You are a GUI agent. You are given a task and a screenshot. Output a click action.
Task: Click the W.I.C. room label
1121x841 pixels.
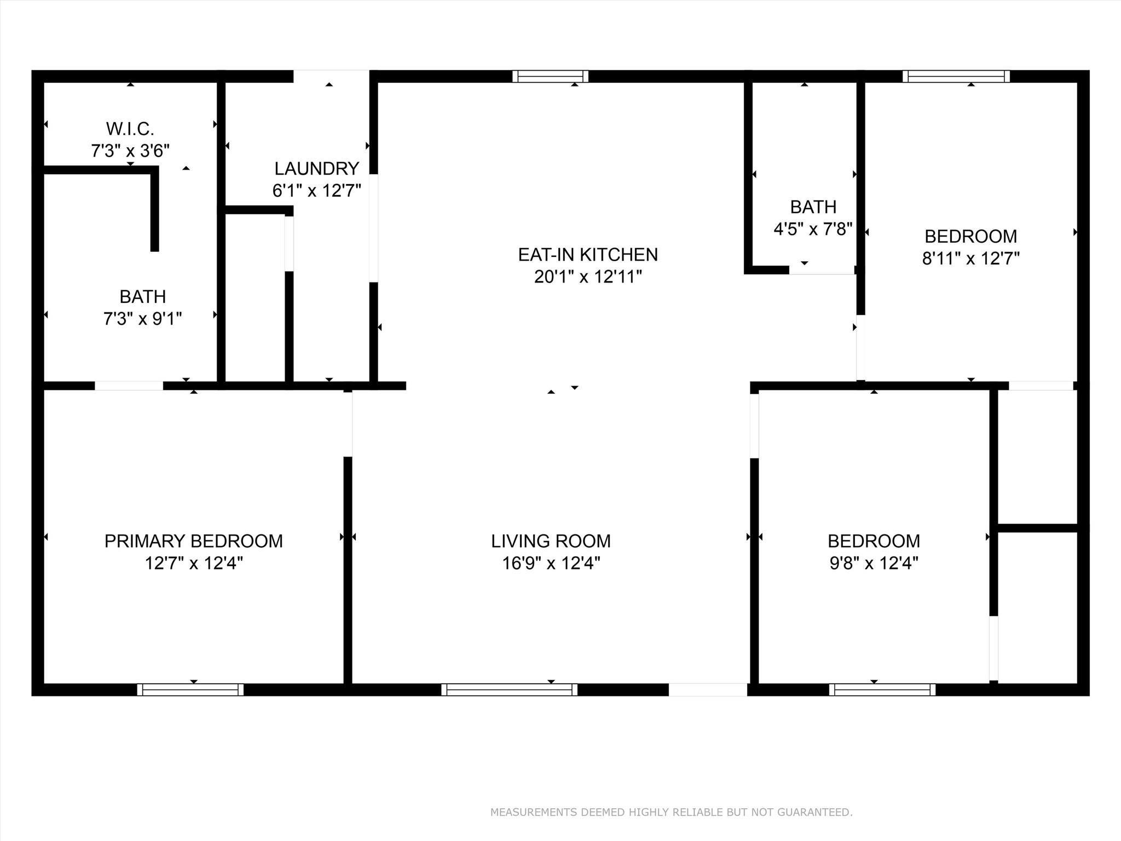point(130,129)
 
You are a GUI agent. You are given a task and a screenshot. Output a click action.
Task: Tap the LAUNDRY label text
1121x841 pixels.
point(316,168)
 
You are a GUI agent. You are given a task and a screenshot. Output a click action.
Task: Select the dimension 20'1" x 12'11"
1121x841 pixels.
point(587,277)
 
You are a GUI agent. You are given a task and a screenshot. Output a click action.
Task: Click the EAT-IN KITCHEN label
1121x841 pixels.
point(587,255)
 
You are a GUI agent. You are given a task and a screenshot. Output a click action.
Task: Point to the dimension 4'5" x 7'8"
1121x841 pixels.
point(813,229)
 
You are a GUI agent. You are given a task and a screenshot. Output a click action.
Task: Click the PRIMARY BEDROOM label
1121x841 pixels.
point(193,541)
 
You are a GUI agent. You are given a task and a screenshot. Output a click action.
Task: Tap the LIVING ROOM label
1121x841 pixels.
point(551,541)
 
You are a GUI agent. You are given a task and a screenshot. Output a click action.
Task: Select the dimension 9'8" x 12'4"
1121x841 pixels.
point(874,563)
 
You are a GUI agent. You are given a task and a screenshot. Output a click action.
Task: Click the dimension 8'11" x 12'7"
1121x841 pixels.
point(970,258)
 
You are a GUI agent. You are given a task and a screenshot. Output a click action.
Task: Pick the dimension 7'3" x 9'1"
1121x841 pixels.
point(142,318)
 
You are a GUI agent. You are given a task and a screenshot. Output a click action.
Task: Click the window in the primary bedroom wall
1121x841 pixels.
point(190,689)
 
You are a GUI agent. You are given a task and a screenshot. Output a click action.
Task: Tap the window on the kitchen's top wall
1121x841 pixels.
point(550,76)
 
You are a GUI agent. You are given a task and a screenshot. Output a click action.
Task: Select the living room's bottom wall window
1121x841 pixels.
point(509,689)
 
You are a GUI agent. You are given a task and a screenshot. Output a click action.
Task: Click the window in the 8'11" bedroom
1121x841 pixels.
point(956,76)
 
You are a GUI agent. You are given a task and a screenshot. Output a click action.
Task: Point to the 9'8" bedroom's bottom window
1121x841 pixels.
point(882,689)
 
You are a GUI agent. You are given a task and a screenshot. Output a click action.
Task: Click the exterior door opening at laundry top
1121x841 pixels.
point(331,76)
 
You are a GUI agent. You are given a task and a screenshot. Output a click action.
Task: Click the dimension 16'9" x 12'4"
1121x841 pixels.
point(551,563)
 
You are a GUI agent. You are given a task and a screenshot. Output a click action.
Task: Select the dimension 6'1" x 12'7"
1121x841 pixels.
point(316,191)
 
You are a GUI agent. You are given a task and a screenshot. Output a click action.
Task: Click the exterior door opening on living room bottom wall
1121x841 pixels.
point(707,689)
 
